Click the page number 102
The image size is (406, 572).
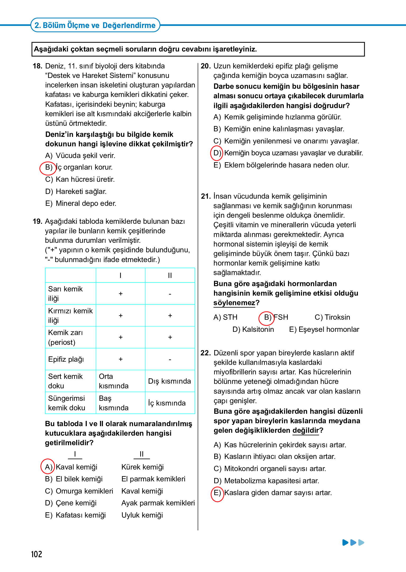tap(37, 554)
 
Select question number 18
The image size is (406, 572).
tap(37, 66)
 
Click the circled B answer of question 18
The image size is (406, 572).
tap(48, 168)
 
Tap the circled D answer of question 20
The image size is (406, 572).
tap(217, 153)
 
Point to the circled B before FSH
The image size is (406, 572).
tap(267, 317)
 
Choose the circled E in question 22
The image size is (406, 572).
tap(217, 493)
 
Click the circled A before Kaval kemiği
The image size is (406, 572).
tap(48, 467)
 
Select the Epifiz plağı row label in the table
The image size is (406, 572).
tap(66, 359)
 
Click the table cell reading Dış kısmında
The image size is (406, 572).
tap(169, 381)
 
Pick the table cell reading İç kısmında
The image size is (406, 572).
tap(167, 403)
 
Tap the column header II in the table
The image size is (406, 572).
tap(170, 275)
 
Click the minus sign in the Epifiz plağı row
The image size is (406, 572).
tap(170, 360)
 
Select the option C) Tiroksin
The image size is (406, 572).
tap(332, 317)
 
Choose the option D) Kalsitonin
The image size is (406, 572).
tap(253, 329)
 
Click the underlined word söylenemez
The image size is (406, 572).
tap(234, 303)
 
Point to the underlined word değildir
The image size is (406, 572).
tap(306, 430)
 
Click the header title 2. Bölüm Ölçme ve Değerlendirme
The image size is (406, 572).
tap(95, 25)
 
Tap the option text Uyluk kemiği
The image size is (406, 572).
tap(142, 515)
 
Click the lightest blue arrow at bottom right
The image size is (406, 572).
tap(361, 542)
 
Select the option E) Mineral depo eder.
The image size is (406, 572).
tap(81, 203)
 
